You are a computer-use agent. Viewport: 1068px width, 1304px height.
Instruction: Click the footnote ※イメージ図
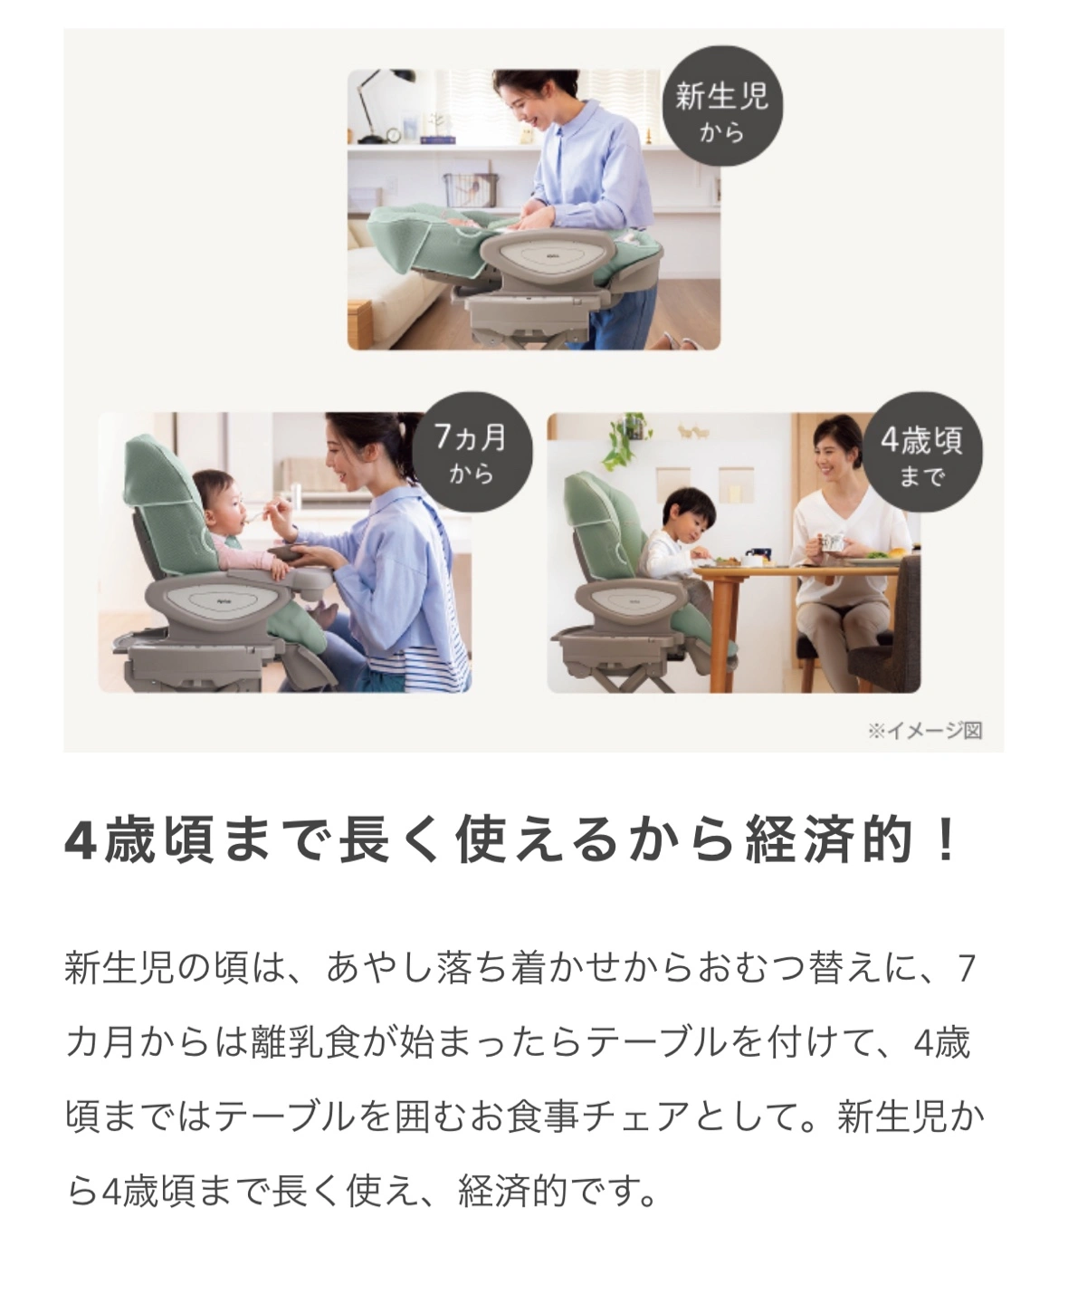pyautogui.click(x=925, y=731)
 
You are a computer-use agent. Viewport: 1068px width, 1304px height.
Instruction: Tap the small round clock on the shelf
pyautogui.click(x=393, y=135)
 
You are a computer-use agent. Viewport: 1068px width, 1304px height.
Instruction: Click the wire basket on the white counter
pyautogui.click(x=472, y=190)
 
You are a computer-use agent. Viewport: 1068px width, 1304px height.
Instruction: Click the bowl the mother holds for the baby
pyautogui.click(x=291, y=551)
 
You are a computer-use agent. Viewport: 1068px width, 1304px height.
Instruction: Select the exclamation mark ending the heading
pyautogui.click(x=945, y=842)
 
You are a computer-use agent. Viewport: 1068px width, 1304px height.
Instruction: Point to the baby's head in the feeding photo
pyautogui.click(x=220, y=495)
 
